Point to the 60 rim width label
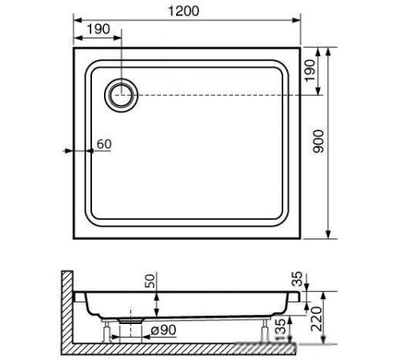coord(102,144)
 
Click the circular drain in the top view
coord(122,94)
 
